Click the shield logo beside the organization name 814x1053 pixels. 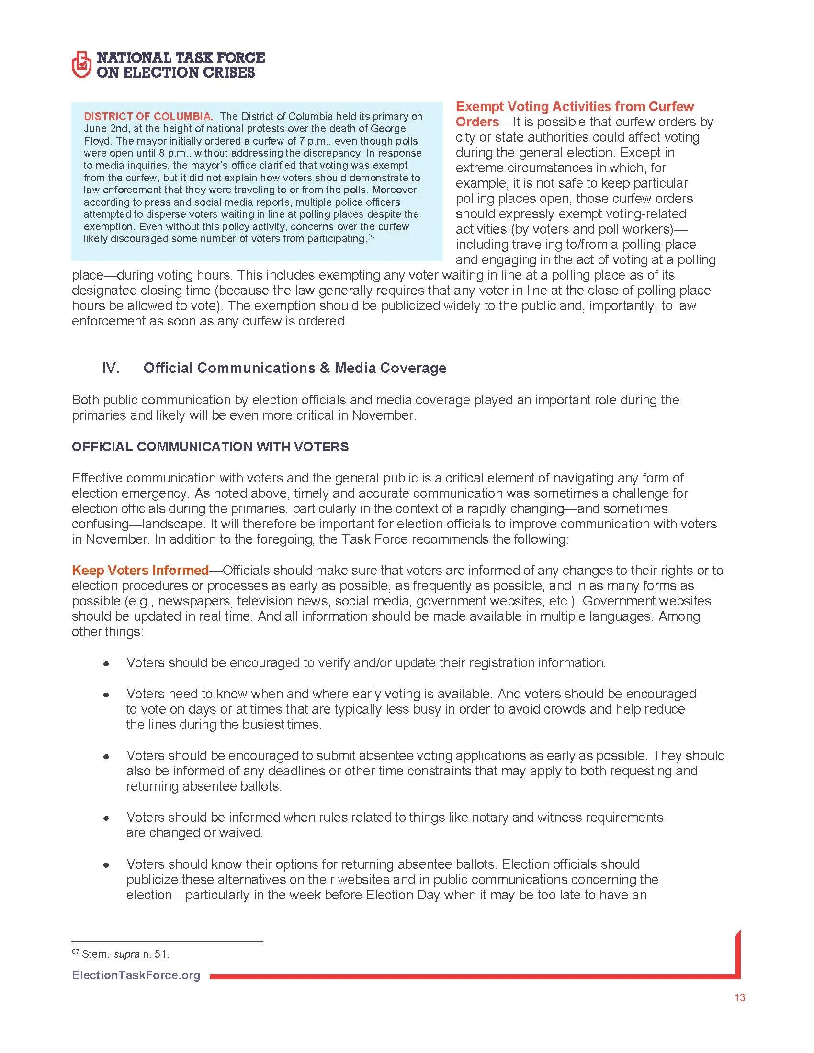[x=81, y=66]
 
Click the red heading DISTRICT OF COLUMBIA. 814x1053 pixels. [x=148, y=116]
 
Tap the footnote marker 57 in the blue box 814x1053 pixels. [x=371, y=236]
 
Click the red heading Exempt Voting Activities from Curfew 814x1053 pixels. [x=575, y=107]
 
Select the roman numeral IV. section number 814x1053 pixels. [x=111, y=368]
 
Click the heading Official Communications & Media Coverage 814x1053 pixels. [x=294, y=368]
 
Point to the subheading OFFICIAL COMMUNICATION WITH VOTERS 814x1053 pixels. [x=210, y=447]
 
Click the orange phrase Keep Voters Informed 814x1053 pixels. [x=140, y=571]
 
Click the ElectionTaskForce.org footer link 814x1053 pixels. [x=136, y=975]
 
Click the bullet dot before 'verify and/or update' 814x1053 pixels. [x=106, y=664]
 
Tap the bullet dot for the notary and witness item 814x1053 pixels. [x=106, y=818]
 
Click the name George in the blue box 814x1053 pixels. [x=389, y=129]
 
